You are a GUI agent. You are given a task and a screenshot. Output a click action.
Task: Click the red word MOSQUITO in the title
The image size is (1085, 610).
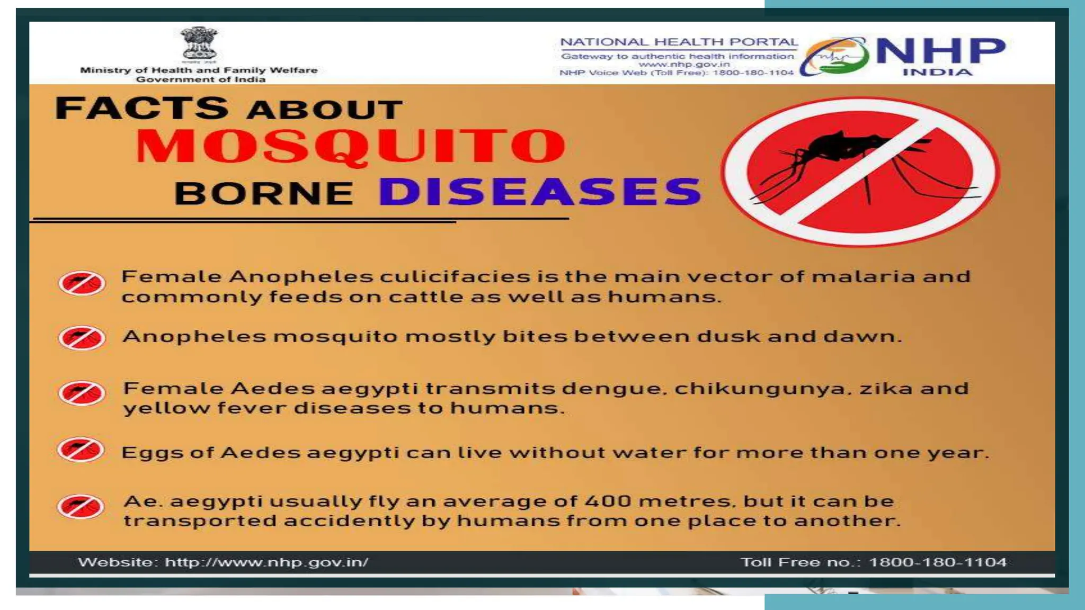tap(351, 147)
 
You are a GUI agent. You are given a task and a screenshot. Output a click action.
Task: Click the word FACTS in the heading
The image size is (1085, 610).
tap(142, 108)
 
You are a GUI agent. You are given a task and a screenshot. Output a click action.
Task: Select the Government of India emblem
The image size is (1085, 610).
tap(199, 44)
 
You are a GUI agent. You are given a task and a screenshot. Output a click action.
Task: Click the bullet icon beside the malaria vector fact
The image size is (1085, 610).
tap(82, 283)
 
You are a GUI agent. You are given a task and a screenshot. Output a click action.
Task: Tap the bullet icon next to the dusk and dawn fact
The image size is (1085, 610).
tap(82, 338)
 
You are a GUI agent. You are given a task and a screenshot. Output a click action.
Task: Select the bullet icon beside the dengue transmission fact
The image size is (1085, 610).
tap(82, 393)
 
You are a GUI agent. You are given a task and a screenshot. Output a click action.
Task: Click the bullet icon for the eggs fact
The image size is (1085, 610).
tap(81, 450)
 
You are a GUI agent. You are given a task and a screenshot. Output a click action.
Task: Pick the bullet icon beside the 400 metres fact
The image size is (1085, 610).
tap(81, 507)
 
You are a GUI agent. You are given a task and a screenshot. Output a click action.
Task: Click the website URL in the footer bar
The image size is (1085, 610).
tap(266, 562)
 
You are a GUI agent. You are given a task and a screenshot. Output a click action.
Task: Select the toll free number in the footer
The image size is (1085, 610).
tap(938, 562)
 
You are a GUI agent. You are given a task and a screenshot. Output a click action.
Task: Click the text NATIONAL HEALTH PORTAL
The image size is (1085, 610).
tap(679, 42)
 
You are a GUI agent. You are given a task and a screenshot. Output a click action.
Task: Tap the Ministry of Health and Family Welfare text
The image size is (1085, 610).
tap(199, 70)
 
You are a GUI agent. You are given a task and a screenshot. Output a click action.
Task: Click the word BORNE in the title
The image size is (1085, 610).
tap(264, 193)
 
